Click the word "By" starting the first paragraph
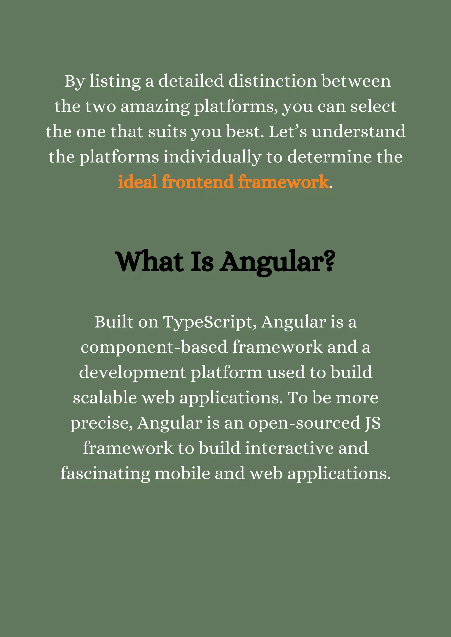click(x=74, y=82)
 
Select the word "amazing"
click(x=155, y=107)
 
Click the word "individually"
click(x=212, y=157)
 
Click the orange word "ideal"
click(x=138, y=182)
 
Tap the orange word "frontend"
click(x=197, y=182)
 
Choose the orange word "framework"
click(x=283, y=182)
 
